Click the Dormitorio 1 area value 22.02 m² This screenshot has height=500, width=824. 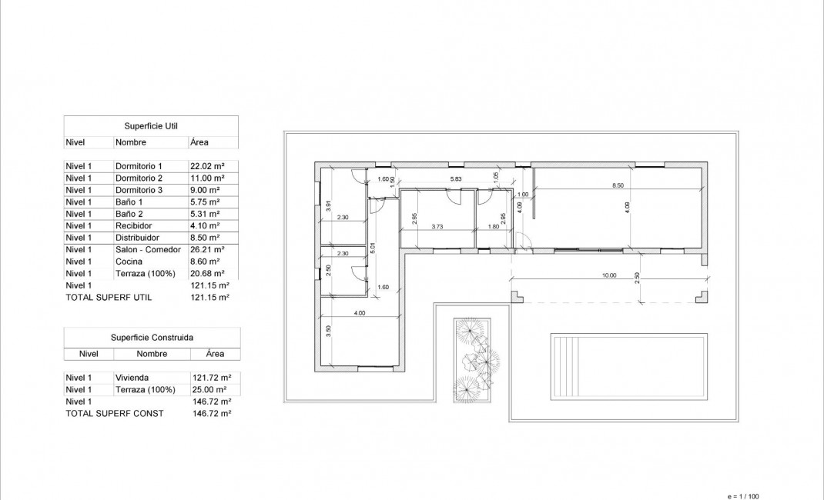coord(205,166)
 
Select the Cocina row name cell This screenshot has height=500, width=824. coord(128,262)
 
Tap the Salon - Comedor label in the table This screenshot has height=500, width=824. coord(148,249)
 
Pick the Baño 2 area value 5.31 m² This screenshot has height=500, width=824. coord(205,214)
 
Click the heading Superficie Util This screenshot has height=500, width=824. coord(152,125)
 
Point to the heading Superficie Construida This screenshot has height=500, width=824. coord(152,337)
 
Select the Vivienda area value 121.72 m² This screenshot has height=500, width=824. coord(211,378)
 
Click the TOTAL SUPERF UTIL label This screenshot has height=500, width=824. coord(109,296)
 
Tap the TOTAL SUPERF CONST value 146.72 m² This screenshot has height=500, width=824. coord(211,413)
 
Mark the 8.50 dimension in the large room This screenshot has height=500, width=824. coord(618,185)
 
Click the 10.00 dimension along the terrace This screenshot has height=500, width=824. coord(609,275)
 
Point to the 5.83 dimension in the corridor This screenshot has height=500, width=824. coord(456,179)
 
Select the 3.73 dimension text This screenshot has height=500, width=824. coord(437,226)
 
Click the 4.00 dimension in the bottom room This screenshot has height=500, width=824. coord(359,312)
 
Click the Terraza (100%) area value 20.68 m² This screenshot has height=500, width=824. coord(207,273)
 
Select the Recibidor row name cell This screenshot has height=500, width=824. coord(133,225)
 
